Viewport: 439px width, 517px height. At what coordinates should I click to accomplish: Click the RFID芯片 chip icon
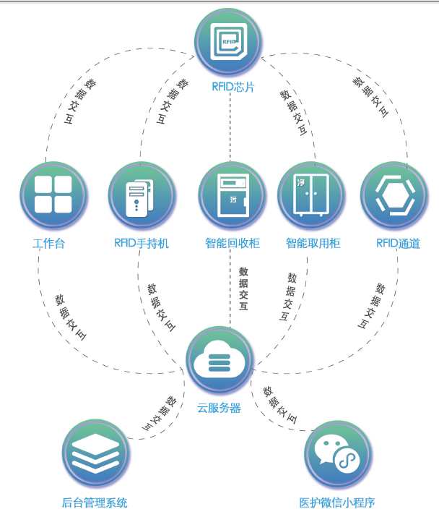(x=229, y=41)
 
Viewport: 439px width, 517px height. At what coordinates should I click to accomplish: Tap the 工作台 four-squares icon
(x=53, y=195)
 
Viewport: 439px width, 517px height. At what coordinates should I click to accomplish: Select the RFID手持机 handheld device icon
(x=142, y=195)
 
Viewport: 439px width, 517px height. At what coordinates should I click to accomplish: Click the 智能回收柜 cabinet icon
(x=232, y=195)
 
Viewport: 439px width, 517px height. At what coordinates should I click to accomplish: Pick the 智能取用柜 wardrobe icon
(x=311, y=195)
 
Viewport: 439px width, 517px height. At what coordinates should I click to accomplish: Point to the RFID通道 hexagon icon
(x=395, y=195)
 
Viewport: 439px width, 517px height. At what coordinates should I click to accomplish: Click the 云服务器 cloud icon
(x=219, y=359)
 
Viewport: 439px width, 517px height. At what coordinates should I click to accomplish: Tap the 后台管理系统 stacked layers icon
(x=96, y=453)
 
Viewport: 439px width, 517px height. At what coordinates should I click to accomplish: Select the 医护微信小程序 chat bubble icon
(x=338, y=453)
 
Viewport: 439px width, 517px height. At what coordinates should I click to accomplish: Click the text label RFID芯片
(x=232, y=87)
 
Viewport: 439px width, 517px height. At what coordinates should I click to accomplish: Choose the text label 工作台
(x=49, y=244)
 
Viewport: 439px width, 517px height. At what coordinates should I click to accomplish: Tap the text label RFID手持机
(x=142, y=244)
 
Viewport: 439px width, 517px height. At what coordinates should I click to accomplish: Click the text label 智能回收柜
(x=232, y=244)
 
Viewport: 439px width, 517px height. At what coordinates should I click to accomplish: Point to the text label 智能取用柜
(x=313, y=244)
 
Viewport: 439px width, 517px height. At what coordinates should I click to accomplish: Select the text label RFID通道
(x=398, y=244)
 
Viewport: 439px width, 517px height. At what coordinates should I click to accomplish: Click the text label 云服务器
(x=219, y=408)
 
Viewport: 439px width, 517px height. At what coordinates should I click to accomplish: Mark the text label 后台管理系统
(x=95, y=503)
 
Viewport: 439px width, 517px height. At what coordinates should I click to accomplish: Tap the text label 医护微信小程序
(x=337, y=503)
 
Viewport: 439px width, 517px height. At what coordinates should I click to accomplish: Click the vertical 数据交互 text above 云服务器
(x=243, y=289)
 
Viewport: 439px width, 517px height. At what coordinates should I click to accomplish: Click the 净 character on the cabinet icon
(x=300, y=182)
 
